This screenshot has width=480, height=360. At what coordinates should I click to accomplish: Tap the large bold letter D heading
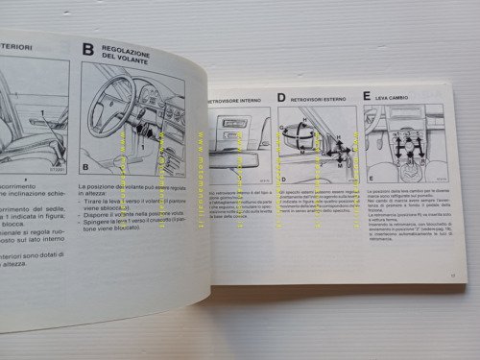click(x=281, y=98)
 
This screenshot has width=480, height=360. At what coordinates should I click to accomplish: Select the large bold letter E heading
click(x=368, y=96)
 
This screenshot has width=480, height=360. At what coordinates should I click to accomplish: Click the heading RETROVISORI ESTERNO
click(x=318, y=98)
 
